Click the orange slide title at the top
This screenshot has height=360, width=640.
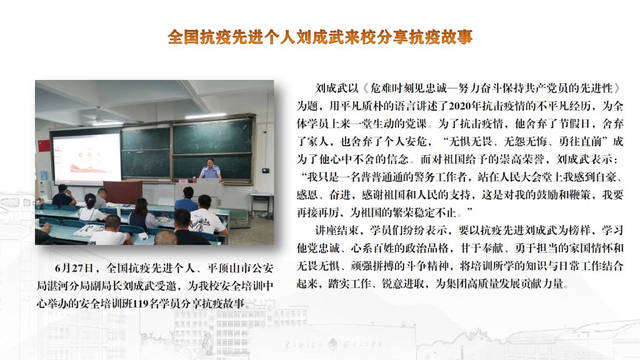coord(320,37)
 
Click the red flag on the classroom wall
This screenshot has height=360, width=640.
coord(44,146)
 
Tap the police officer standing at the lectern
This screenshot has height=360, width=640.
coord(210,170)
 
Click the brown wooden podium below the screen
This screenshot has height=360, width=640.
coord(122,192)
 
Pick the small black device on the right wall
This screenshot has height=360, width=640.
coord(266,170)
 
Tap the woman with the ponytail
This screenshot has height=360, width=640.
coord(91,208)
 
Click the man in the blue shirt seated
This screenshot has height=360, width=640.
coord(186,199)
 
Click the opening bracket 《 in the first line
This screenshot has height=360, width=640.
coord(364,88)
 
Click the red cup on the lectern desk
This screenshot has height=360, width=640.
coord(183,181)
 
